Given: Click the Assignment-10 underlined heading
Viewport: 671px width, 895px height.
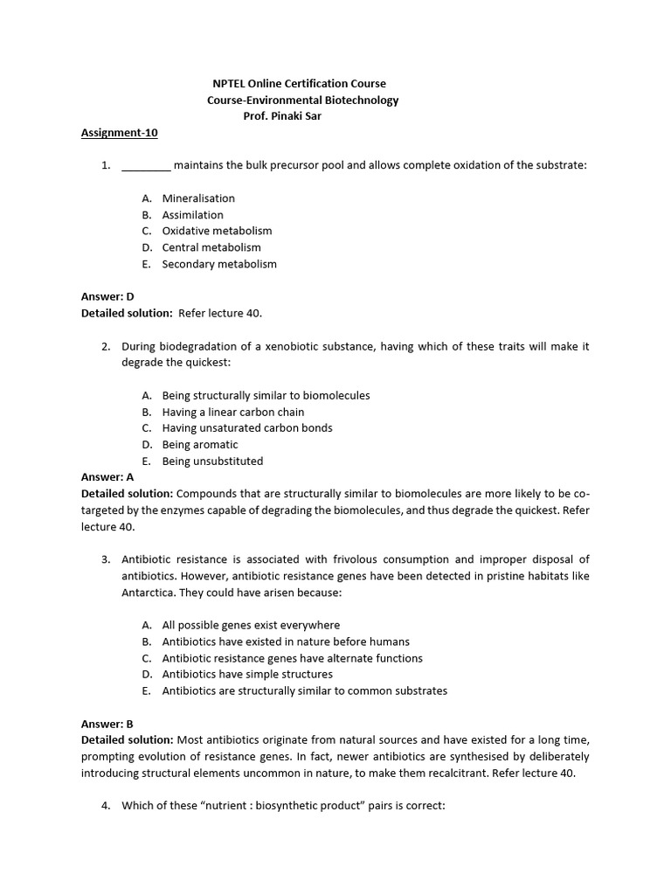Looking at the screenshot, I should (120, 133).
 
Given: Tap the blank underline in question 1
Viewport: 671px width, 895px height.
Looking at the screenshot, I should (146, 165).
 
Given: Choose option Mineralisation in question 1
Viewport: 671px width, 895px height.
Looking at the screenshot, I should (198, 198).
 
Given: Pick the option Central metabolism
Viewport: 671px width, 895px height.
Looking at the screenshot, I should (211, 247).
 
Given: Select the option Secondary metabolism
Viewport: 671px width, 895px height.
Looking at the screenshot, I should (219, 264).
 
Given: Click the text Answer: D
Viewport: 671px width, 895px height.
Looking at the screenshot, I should (107, 296).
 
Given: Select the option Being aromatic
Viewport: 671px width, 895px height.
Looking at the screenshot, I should (200, 444).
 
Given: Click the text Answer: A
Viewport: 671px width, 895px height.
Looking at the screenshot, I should (107, 477).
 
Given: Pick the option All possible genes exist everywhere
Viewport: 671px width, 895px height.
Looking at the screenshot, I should (251, 625).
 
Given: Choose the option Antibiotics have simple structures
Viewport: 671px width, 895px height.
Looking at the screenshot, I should (247, 674).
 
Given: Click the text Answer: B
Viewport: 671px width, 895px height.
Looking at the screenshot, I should (107, 724).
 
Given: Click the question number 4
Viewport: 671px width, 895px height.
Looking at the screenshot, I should (105, 806).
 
